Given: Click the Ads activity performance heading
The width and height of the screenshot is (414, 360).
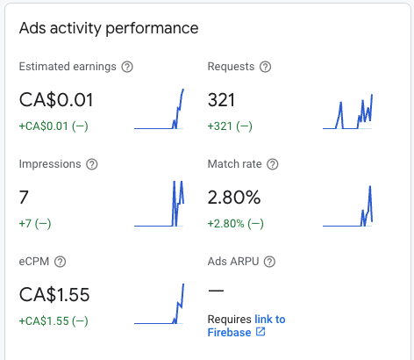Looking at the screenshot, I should pyautogui.click(x=109, y=28).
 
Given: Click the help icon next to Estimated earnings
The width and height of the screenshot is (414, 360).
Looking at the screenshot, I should pyautogui.click(x=127, y=67).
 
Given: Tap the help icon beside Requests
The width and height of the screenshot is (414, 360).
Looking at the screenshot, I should pyautogui.click(x=265, y=67).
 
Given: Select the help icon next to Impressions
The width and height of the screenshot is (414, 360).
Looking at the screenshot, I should pyautogui.click(x=92, y=164).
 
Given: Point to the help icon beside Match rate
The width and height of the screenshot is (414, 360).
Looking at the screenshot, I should pyautogui.click(x=272, y=164).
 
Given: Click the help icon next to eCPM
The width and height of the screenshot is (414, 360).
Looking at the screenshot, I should pyautogui.click(x=60, y=261).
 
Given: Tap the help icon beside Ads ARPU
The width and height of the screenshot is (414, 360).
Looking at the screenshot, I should pyautogui.click(x=269, y=261).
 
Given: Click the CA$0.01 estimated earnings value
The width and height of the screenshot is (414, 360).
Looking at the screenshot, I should pyautogui.click(x=56, y=100).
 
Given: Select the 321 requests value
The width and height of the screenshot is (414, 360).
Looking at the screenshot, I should pyautogui.click(x=224, y=100).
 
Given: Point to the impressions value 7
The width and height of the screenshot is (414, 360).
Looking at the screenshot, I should pyautogui.click(x=24, y=198).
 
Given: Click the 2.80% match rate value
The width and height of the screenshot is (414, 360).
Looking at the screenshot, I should pyautogui.click(x=234, y=198).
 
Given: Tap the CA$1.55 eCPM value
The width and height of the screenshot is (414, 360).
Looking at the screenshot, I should pyautogui.click(x=54, y=295).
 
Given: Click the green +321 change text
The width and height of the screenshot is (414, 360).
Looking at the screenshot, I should pyautogui.click(x=230, y=126).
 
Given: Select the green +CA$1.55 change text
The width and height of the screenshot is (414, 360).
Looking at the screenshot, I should pyautogui.click(x=54, y=321).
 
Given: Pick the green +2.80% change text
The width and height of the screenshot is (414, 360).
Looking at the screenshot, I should pyautogui.click(x=235, y=224).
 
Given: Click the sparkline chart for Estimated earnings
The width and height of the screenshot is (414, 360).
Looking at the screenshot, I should pyautogui.click(x=160, y=110).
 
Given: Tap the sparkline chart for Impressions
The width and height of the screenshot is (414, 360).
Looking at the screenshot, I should pyautogui.click(x=160, y=205).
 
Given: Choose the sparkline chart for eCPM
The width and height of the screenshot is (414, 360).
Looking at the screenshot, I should pyautogui.click(x=160, y=304).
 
